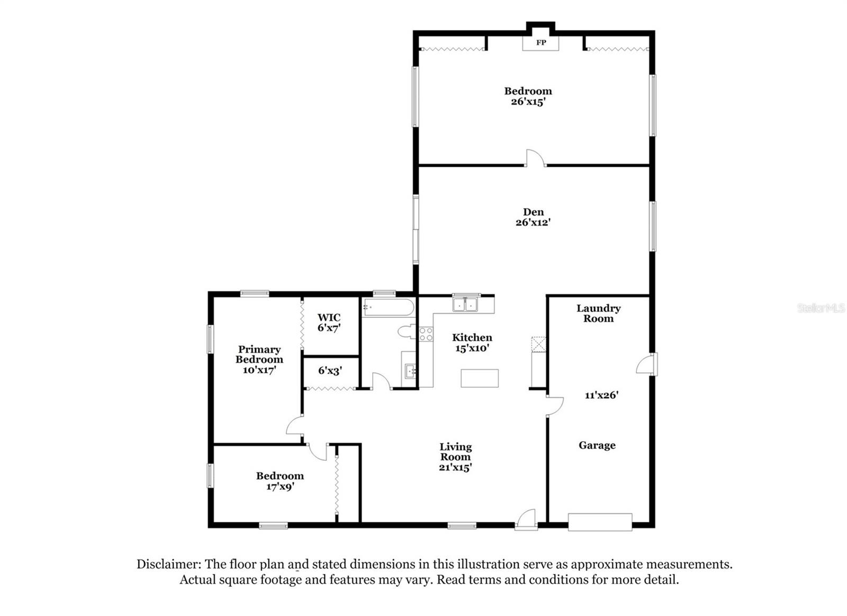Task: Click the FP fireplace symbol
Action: click(540, 42)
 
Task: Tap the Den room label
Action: click(533, 212)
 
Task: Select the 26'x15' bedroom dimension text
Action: click(528, 101)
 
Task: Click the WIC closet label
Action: click(329, 318)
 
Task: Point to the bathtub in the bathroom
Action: click(388, 308)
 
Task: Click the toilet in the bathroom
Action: click(407, 332)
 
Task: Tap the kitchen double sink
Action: click(465, 305)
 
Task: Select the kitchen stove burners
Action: click(426, 334)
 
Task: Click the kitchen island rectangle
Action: click(479, 378)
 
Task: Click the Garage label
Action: click(597, 445)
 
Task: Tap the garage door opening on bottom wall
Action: click(600, 522)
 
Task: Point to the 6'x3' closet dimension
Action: click(330, 371)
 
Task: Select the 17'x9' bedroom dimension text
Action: click(280, 486)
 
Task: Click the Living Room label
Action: click(455, 452)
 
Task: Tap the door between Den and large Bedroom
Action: click(535, 159)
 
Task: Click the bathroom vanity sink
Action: click(410, 371)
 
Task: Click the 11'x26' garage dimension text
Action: click(601, 395)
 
